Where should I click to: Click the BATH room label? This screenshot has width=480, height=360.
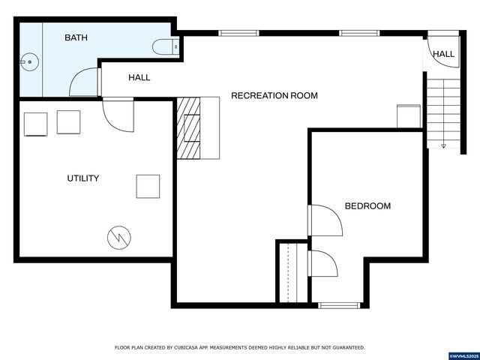point(76,37)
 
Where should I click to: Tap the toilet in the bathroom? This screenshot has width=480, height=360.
point(166,47)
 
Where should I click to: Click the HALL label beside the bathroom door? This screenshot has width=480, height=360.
point(139,77)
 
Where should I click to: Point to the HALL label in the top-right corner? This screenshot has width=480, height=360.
point(442,54)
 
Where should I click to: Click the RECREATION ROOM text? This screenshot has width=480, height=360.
point(274,95)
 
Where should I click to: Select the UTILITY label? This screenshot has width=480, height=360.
point(82,178)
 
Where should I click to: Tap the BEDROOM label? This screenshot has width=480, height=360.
point(367,205)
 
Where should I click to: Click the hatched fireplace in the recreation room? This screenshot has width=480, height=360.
point(190,128)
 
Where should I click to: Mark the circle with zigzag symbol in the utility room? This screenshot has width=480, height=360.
point(118,238)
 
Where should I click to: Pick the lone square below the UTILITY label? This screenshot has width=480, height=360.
point(148,186)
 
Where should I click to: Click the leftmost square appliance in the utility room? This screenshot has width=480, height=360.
point(36,124)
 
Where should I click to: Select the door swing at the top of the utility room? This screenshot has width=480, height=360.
point(117,113)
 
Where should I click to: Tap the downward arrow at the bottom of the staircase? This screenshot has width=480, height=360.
point(443,145)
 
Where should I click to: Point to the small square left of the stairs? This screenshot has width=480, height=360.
point(409,116)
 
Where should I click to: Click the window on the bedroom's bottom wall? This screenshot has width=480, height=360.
point(340,304)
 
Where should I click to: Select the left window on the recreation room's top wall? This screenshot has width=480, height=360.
point(238,33)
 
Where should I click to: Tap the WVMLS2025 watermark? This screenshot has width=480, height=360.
point(463,354)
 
